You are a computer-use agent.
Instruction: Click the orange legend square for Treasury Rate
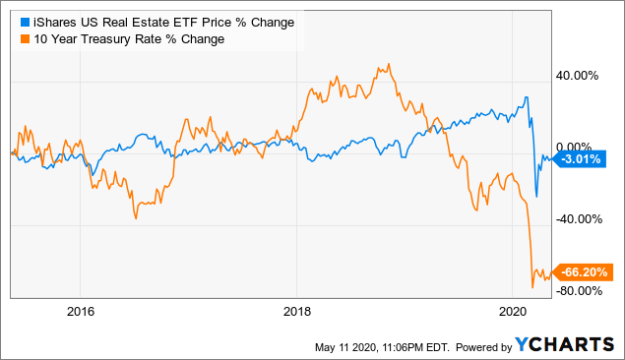[x=14, y=38]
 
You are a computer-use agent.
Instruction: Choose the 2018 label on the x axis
[x=296, y=312]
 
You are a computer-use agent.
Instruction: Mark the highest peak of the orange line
[x=389, y=65]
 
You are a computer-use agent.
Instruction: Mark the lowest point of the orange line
[x=532, y=287]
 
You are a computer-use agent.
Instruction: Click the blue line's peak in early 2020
[x=528, y=96]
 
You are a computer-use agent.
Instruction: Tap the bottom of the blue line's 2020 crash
[x=536, y=197]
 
